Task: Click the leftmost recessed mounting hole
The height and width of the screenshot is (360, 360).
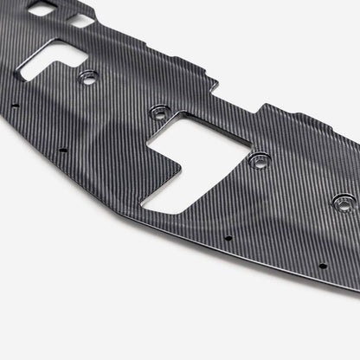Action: click(87, 79)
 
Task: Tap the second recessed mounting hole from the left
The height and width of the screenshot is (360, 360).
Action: click(158, 112)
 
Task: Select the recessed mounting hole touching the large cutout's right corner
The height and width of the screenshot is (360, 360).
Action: click(258, 160)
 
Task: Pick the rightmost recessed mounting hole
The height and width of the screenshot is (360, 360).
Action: click(343, 204)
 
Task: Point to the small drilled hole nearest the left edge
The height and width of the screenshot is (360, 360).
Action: click(15, 106)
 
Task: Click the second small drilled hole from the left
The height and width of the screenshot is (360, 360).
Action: click(62, 150)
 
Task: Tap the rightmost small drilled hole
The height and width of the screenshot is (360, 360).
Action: click(322, 266)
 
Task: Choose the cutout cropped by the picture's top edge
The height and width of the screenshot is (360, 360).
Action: click(41, 8)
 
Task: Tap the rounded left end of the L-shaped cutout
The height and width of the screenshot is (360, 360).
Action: click(26, 74)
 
